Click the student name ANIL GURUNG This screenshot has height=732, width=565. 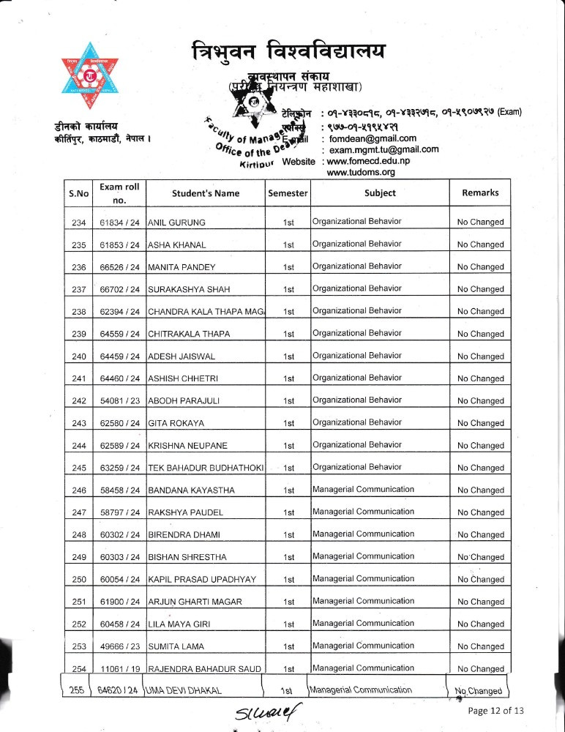(176, 222)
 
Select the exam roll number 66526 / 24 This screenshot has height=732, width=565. (119, 267)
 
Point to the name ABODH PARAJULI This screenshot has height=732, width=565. (184, 401)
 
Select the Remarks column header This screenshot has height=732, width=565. (480, 193)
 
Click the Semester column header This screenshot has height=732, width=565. (288, 193)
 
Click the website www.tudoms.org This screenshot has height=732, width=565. (361, 172)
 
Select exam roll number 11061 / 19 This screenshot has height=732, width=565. (119, 669)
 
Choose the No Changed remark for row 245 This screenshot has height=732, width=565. (480, 468)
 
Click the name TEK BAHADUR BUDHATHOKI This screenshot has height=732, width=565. (205, 468)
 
